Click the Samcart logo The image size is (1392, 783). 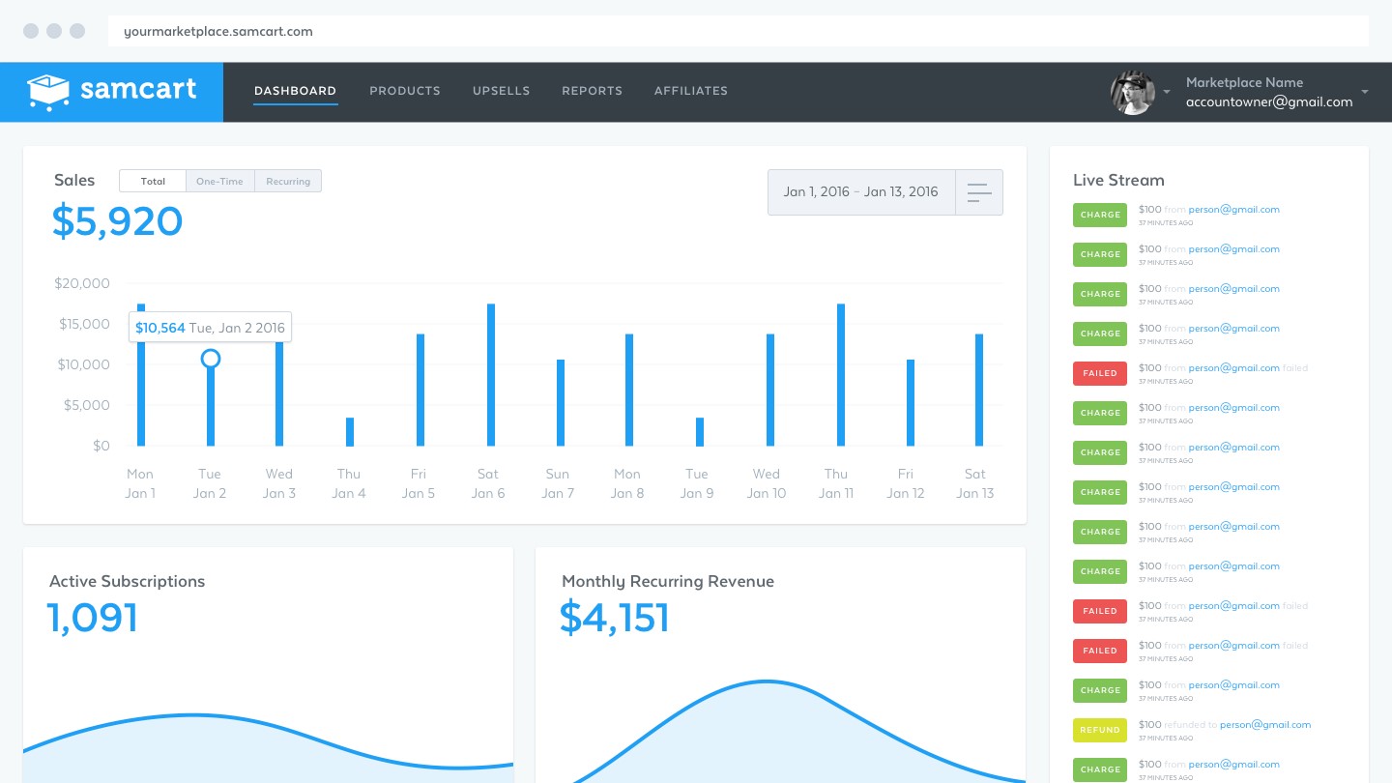[x=112, y=92]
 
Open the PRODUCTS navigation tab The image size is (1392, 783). [x=404, y=91]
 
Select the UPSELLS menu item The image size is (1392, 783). [x=501, y=91]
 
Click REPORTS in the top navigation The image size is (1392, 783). [x=592, y=91]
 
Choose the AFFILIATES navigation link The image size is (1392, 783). [x=690, y=91]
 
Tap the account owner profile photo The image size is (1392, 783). [x=1132, y=93]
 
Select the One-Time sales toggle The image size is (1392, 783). [x=219, y=181]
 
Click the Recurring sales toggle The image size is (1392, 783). [x=288, y=181]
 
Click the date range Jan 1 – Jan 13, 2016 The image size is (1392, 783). [x=860, y=191]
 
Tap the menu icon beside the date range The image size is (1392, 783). [x=979, y=192]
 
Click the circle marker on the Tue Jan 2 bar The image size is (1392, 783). [x=211, y=359]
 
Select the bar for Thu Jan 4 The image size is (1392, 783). [x=350, y=432]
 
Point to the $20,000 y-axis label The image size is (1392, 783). [x=82, y=283]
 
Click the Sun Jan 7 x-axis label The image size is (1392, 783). [x=558, y=483]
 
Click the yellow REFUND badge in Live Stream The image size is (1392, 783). [x=1100, y=730]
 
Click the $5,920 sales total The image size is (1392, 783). [x=117, y=221]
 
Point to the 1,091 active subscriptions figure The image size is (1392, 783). [x=93, y=618]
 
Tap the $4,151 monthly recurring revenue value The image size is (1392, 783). [x=614, y=618]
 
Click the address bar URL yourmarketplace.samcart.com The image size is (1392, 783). [x=218, y=31]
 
